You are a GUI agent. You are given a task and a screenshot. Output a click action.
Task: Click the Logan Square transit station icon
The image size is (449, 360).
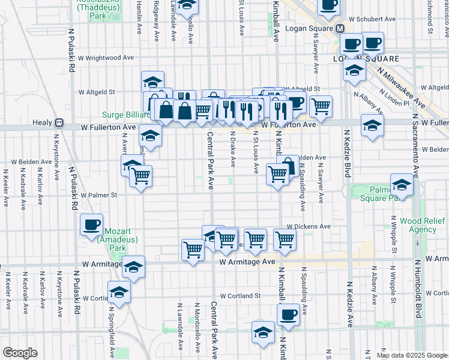point(339,28)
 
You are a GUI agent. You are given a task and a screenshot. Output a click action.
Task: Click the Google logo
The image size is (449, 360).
point(20,352)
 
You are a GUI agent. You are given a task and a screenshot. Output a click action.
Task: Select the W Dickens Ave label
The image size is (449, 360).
point(309,227)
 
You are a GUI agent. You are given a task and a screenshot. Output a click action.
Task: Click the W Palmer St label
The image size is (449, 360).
point(98,195)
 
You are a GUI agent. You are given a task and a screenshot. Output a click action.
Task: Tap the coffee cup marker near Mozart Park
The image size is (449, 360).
point(91,225)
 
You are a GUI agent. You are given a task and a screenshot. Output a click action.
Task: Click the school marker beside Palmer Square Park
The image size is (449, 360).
point(402,185)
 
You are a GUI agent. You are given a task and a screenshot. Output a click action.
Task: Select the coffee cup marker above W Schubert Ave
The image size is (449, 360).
point(328,5)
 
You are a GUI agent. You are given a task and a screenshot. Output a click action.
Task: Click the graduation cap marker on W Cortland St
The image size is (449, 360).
point(119,293)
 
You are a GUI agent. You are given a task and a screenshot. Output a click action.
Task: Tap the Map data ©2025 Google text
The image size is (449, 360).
point(412,355)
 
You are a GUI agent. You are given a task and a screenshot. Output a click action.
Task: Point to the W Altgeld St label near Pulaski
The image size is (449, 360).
point(97,92)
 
